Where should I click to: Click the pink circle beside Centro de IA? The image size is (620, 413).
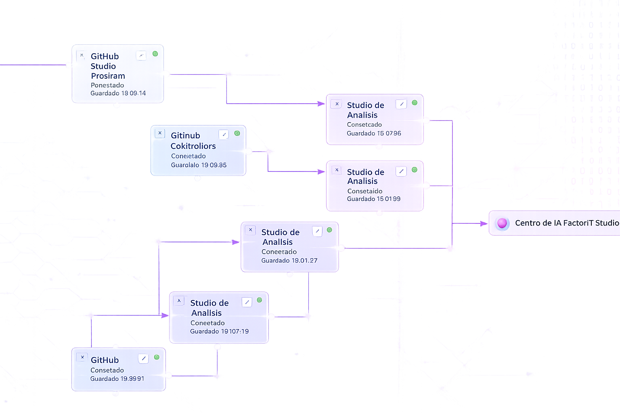click(x=502, y=223)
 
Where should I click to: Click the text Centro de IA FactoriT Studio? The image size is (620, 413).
click(x=567, y=223)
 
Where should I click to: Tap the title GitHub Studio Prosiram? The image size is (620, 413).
click(x=107, y=66)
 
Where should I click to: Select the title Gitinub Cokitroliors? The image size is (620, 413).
click(x=193, y=141)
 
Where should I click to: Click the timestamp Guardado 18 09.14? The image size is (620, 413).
click(x=118, y=93)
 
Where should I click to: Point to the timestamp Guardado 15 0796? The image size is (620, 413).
click(x=374, y=133)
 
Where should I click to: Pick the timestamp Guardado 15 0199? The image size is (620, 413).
click(x=373, y=199)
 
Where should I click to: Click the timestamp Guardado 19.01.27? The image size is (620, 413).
click(x=289, y=261)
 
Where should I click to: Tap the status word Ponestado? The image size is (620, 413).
click(x=107, y=85)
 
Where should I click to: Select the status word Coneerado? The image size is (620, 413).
click(x=279, y=252)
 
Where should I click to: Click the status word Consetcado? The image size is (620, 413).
click(x=364, y=125)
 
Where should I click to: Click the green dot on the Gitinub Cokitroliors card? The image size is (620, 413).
click(x=237, y=133)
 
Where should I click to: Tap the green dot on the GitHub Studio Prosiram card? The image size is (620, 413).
click(x=155, y=54)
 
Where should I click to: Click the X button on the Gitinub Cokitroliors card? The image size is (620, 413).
click(x=160, y=133)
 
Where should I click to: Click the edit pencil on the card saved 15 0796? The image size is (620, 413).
click(x=401, y=104)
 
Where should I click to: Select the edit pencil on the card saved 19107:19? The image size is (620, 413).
click(x=247, y=302)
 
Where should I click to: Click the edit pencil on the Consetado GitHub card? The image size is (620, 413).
click(x=143, y=358)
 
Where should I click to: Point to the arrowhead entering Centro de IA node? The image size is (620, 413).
click(x=484, y=223)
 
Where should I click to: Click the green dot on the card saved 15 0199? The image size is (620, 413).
click(x=415, y=170)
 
